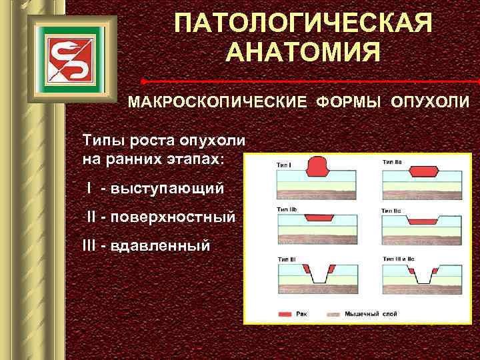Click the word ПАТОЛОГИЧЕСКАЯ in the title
(304, 23)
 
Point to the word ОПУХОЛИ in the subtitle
(431, 103)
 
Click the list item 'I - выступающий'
(154, 188)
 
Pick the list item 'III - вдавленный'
(145, 245)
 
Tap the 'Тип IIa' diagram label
(392, 162)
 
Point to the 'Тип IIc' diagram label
(392, 211)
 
